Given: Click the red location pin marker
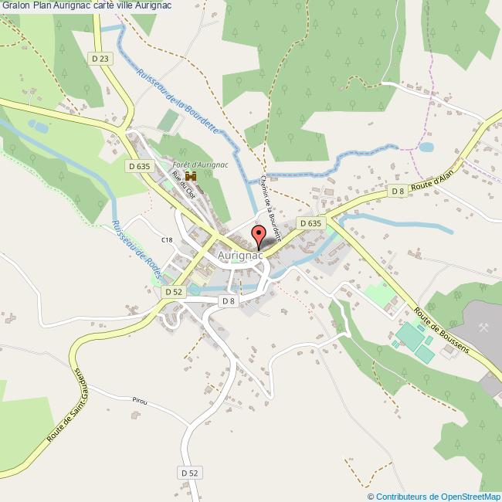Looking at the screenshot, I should (258, 235).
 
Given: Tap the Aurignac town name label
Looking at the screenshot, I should (240, 255).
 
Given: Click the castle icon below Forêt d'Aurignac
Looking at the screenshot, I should (190, 178).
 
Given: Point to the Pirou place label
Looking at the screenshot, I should (139, 402).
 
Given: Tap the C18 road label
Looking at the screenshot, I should (167, 240).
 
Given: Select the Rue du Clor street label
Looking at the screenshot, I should (183, 187).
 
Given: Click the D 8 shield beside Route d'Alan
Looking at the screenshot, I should (398, 191).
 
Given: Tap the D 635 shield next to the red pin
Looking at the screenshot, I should (310, 223).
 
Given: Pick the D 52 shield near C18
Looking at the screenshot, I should (174, 292).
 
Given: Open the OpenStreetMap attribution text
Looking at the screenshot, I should (434, 497).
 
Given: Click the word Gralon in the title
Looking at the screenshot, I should (15, 5).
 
